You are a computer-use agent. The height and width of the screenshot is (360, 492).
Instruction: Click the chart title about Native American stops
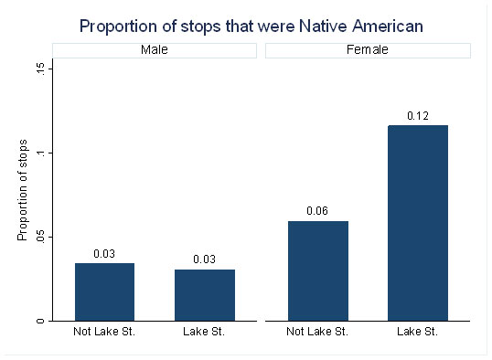[x=251, y=26]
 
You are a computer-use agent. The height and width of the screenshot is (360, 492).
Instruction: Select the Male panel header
[x=155, y=50]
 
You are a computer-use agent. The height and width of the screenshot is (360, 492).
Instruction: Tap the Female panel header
[x=368, y=50]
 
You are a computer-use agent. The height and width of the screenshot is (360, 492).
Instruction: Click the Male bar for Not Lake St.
[x=105, y=292]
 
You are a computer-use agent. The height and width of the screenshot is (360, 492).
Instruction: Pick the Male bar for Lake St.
[x=205, y=295]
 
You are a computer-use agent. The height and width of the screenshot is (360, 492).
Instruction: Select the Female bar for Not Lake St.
[x=318, y=271]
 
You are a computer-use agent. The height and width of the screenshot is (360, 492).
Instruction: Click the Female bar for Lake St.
[x=418, y=223]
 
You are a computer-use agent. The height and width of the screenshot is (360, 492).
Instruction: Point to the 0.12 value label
[x=418, y=116]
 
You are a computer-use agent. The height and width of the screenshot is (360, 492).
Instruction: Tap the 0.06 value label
[x=317, y=211]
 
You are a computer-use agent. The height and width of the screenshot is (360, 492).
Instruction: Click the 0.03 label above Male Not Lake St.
[x=104, y=254]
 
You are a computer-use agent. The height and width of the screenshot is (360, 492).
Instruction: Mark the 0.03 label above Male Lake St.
[x=204, y=259]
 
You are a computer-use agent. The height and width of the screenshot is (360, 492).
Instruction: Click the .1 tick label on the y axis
[x=41, y=154]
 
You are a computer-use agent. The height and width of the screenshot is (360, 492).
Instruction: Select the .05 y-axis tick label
[x=41, y=238]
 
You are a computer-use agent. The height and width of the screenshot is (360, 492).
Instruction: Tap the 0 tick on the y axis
[x=41, y=321]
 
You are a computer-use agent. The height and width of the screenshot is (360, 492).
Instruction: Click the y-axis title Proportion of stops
[x=22, y=190]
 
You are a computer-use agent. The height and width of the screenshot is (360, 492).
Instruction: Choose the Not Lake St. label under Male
[x=104, y=332]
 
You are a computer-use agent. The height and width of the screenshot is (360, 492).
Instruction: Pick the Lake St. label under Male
[x=204, y=332]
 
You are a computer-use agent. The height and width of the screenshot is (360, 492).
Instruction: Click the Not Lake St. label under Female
[x=317, y=332]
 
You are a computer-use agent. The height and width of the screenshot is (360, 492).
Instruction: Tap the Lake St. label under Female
[x=417, y=332]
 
